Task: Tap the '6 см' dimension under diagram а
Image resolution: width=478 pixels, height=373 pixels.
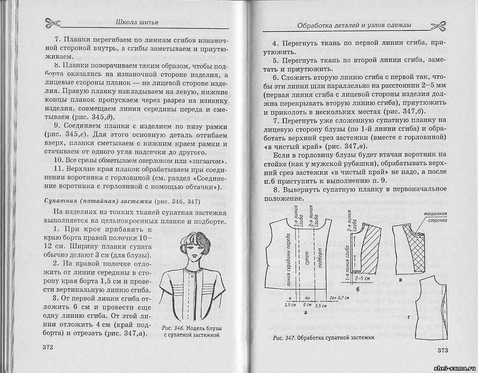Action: click(307, 304)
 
